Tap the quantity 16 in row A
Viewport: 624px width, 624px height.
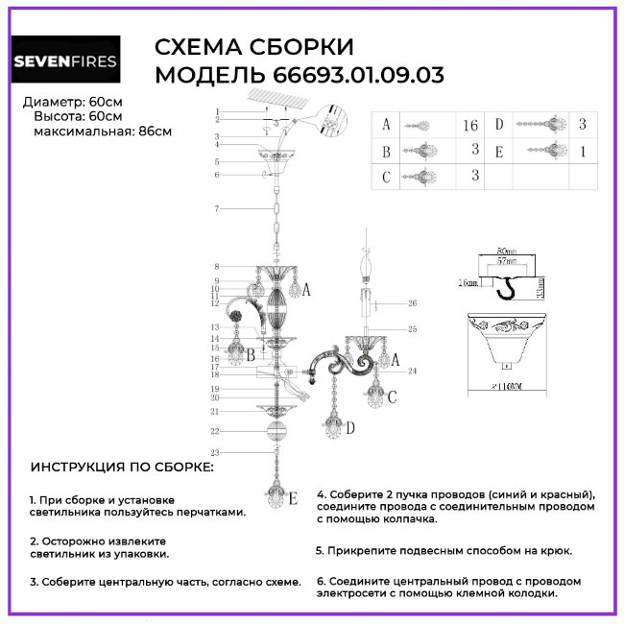click(x=470, y=125)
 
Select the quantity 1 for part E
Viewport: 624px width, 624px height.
click(x=583, y=151)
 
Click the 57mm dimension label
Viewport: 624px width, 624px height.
click(x=503, y=261)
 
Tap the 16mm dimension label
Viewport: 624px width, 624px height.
click(x=468, y=283)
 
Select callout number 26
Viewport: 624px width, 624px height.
click(x=413, y=304)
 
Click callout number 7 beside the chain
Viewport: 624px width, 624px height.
click(x=217, y=208)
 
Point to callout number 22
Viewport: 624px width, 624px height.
click(x=217, y=432)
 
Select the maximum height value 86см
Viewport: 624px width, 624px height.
click(x=155, y=132)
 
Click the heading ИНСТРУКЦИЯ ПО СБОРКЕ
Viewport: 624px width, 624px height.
click(x=122, y=467)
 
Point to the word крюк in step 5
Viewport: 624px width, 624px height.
click(x=555, y=550)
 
